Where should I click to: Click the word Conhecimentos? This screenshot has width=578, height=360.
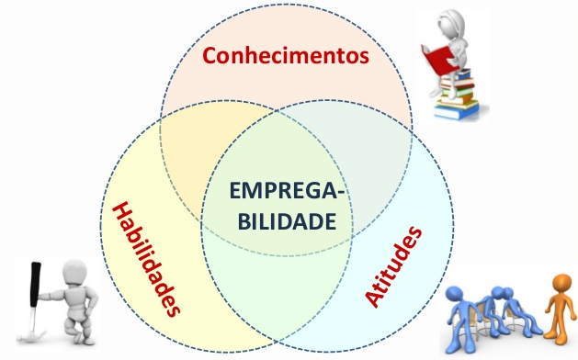tap(286, 56)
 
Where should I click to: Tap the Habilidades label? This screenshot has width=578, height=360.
tap(146, 259)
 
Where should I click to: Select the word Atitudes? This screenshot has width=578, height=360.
tap(395, 266)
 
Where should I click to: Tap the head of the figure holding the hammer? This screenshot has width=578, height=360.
tap(73, 273)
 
